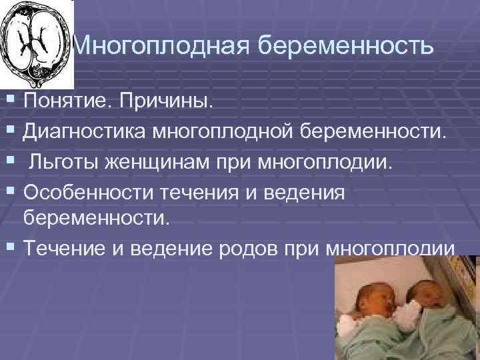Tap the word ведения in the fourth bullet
click(309, 191)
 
